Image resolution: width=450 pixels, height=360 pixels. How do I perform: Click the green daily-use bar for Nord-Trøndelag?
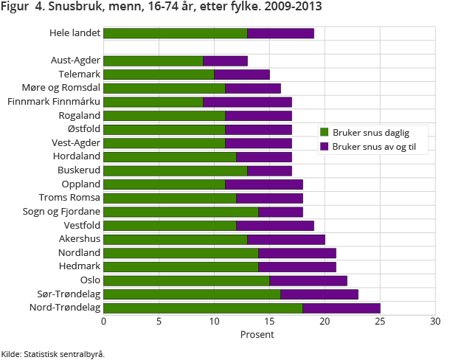coord(203,308)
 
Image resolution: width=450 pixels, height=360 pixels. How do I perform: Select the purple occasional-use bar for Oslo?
coord(308,280)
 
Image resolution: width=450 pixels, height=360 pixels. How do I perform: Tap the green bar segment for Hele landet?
coord(175,33)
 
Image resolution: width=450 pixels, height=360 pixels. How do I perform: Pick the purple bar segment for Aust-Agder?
coord(225,60)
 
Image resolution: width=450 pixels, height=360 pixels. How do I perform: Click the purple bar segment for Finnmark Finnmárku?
coord(247,102)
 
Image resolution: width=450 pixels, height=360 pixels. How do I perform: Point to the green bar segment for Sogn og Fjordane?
coord(181,212)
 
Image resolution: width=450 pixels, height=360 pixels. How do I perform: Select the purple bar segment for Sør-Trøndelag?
coord(319,294)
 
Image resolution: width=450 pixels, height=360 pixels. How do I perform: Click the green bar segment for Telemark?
coord(159,75)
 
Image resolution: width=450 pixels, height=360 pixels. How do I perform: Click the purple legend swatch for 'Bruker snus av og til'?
coord(324,147)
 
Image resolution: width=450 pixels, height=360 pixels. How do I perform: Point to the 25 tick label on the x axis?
coord(380,322)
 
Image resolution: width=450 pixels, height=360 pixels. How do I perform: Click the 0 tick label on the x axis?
coord(103,322)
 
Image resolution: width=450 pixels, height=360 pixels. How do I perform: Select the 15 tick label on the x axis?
coord(269,322)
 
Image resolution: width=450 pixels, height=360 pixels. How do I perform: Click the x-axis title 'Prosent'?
coord(257,334)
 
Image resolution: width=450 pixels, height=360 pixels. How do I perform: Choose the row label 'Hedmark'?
coord(80,266)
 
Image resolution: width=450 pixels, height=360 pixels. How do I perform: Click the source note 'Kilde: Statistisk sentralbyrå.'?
coord(53,353)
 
